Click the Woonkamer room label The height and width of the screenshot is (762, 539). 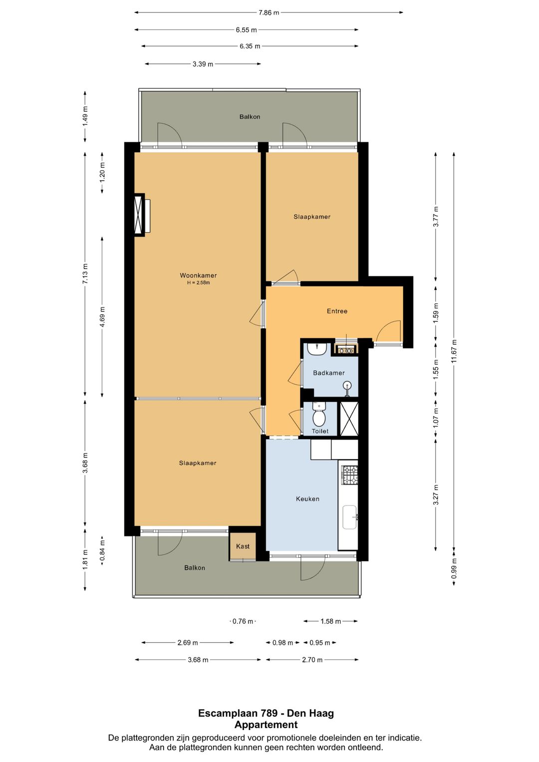tap(198, 275)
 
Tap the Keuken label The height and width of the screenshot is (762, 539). tap(307, 499)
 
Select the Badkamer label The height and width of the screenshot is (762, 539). tap(329, 373)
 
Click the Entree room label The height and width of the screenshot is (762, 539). tap(337, 311)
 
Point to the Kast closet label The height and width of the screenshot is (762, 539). tap(243, 546)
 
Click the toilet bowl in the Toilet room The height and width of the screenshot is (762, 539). tap(319, 418)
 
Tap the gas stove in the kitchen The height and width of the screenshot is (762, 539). tap(350, 475)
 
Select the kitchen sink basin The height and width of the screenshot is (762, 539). tap(349, 517)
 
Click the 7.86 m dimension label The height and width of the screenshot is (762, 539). tap(269, 12)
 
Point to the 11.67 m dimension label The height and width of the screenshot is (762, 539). tap(454, 351)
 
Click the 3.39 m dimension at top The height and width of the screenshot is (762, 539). tap(203, 64)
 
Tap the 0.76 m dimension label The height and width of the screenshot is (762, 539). tap(243, 621)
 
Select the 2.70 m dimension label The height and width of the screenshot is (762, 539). tap(312, 660)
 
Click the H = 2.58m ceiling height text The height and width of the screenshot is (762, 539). tap(199, 282)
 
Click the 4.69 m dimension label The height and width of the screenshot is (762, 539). tap(102, 317)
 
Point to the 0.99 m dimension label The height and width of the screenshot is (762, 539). tap(454, 568)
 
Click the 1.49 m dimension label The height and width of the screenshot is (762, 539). tap(85, 116)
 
